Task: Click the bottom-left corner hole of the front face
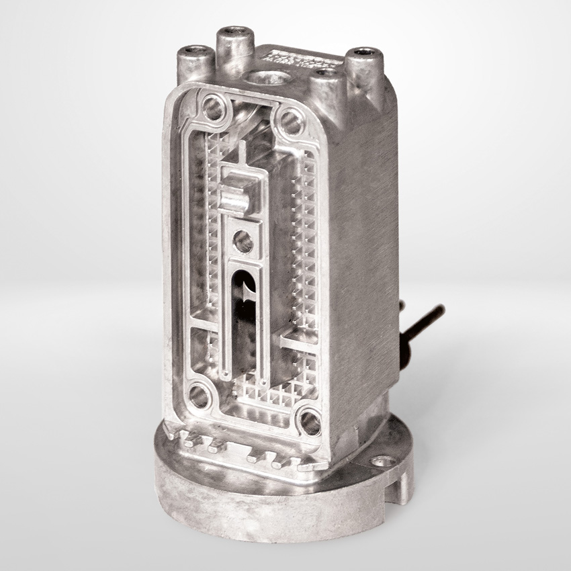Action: pos(199,396)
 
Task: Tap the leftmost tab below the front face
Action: pos(190,440)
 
